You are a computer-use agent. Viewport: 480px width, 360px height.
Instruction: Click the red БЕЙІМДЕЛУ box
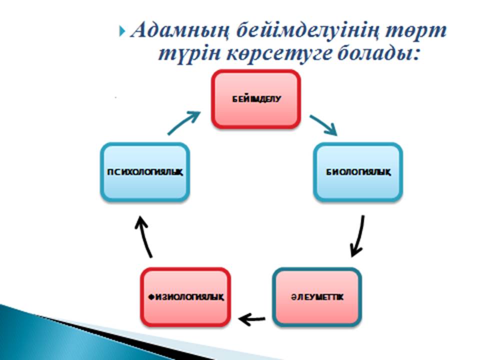pyautogui.click(x=256, y=99)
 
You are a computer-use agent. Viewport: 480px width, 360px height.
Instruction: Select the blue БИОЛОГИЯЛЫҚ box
pyautogui.click(x=358, y=171)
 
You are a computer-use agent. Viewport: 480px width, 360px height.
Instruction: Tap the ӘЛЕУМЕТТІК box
pyautogui.click(x=317, y=297)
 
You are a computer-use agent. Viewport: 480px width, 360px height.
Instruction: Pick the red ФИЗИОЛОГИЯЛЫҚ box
pyautogui.click(x=185, y=297)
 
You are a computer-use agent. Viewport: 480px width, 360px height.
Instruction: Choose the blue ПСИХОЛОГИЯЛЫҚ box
pyautogui.click(x=145, y=171)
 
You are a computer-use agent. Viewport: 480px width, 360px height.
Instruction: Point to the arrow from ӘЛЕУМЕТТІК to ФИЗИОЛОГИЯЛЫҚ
pyautogui.click(x=251, y=319)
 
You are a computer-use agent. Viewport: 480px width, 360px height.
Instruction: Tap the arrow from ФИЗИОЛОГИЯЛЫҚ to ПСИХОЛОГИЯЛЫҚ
pyautogui.click(x=144, y=236)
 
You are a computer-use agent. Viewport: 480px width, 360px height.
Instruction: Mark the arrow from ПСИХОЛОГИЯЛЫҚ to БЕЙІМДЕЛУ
pyautogui.click(x=183, y=123)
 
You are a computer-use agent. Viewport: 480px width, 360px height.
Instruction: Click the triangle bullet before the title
pyautogui.click(x=122, y=31)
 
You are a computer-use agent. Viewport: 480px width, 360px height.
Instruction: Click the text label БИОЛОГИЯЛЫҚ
pyautogui.click(x=358, y=172)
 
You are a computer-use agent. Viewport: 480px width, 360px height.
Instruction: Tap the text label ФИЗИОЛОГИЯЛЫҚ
pyautogui.click(x=186, y=297)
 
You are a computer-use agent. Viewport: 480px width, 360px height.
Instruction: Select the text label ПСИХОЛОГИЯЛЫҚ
pyautogui.click(x=145, y=172)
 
